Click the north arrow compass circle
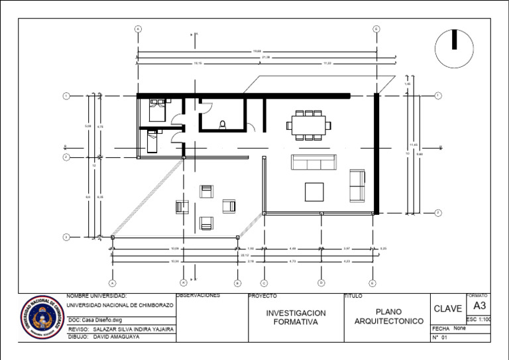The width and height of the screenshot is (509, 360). click(x=454, y=48)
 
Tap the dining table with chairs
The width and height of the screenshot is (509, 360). click(x=308, y=125)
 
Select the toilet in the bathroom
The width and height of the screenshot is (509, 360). click(x=223, y=123)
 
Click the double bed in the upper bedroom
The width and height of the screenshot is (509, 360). click(x=158, y=109)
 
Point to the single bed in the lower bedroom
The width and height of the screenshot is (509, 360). click(x=152, y=141)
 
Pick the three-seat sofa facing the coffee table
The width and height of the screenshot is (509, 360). click(x=314, y=162)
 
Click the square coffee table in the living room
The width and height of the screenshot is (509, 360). click(x=315, y=191)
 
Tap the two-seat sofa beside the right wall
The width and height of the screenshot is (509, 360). click(x=357, y=185)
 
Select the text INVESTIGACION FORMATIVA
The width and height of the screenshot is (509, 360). click(x=296, y=317)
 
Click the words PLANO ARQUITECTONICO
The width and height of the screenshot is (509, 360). click(x=388, y=316)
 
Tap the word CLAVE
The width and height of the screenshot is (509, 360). click(x=447, y=309)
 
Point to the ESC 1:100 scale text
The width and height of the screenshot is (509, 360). click(x=479, y=320)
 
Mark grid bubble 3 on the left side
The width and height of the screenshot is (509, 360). click(x=66, y=237)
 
